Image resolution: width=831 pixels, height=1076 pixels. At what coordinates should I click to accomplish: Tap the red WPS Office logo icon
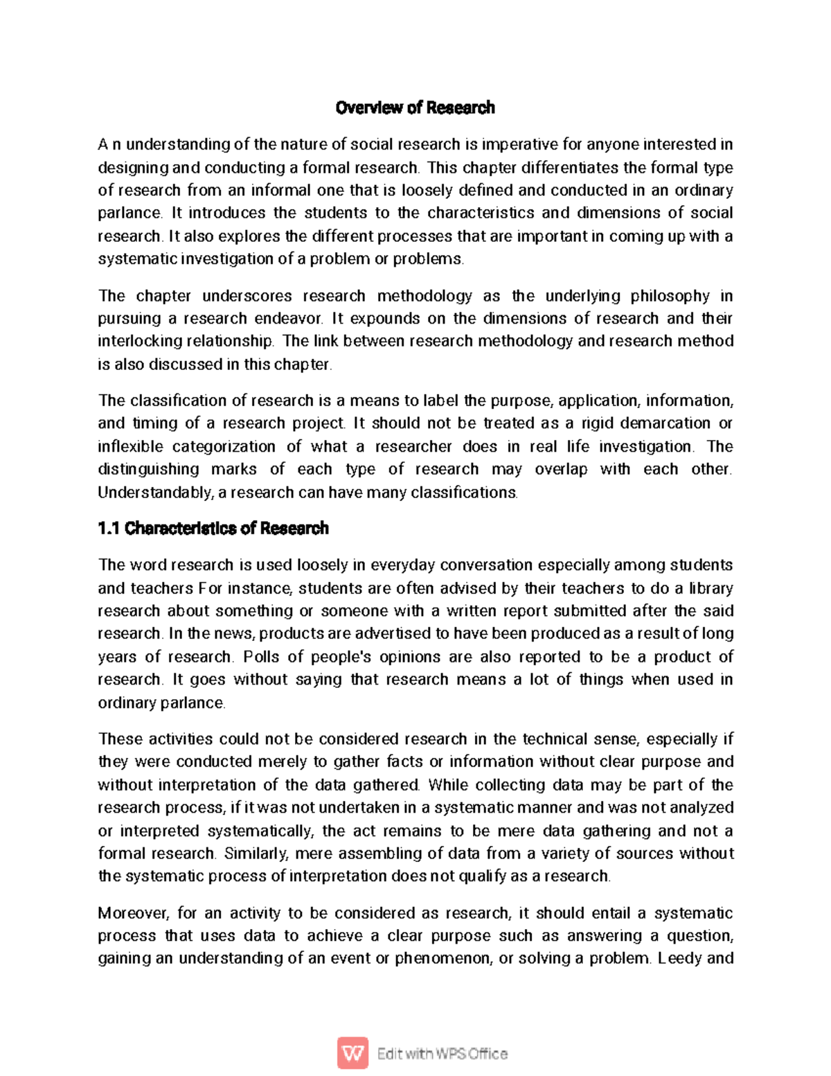[x=352, y=1053]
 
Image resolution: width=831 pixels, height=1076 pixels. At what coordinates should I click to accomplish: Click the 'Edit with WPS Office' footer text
[x=442, y=1054]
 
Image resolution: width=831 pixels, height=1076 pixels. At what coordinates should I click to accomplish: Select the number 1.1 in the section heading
[x=109, y=529]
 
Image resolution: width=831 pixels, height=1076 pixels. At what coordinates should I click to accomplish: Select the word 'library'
[x=711, y=588]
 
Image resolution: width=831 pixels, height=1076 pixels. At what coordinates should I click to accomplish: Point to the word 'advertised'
[x=392, y=633]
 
